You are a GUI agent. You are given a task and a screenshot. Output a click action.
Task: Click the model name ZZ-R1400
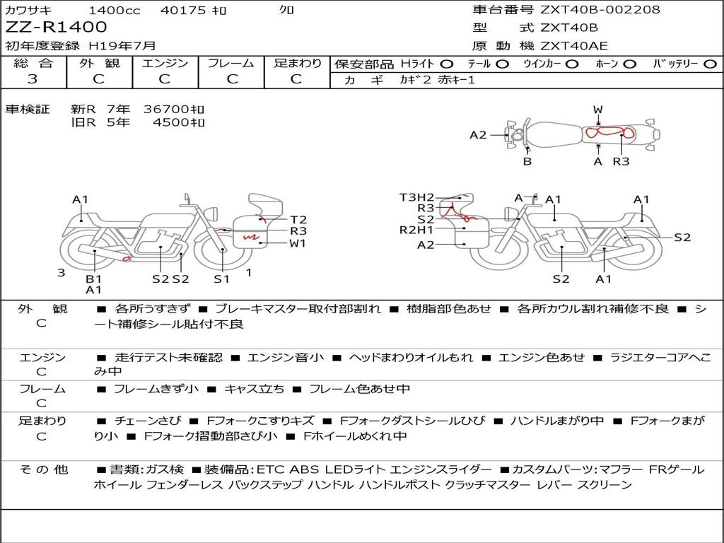(x=57, y=28)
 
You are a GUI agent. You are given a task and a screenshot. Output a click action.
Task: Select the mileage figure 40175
(x=183, y=11)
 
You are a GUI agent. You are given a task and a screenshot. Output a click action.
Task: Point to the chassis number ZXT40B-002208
(x=600, y=10)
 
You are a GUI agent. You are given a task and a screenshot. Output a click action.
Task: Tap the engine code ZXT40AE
(x=574, y=47)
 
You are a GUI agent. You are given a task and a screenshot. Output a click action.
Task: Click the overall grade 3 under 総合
(x=33, y=79)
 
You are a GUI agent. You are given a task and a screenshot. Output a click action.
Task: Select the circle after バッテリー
(x=711, y=64)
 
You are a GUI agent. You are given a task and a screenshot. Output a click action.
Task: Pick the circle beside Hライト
(x=447, y=64)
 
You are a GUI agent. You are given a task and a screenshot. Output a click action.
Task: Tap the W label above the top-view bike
(x=598, y=110)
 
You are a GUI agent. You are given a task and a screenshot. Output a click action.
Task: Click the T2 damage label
(x=298, y=219)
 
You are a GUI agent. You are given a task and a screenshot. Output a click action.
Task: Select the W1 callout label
(x=298, y=244)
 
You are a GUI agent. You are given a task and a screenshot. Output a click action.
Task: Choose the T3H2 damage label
(x=416, y=197)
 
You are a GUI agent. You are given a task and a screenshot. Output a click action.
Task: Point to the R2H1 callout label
(x=416, y=229)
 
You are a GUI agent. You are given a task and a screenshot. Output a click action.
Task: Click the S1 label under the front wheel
(x=222, y=279)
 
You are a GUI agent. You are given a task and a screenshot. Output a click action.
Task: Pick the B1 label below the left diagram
(x=94, y=279)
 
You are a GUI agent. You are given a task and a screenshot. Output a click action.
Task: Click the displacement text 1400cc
(x=115, y=11)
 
